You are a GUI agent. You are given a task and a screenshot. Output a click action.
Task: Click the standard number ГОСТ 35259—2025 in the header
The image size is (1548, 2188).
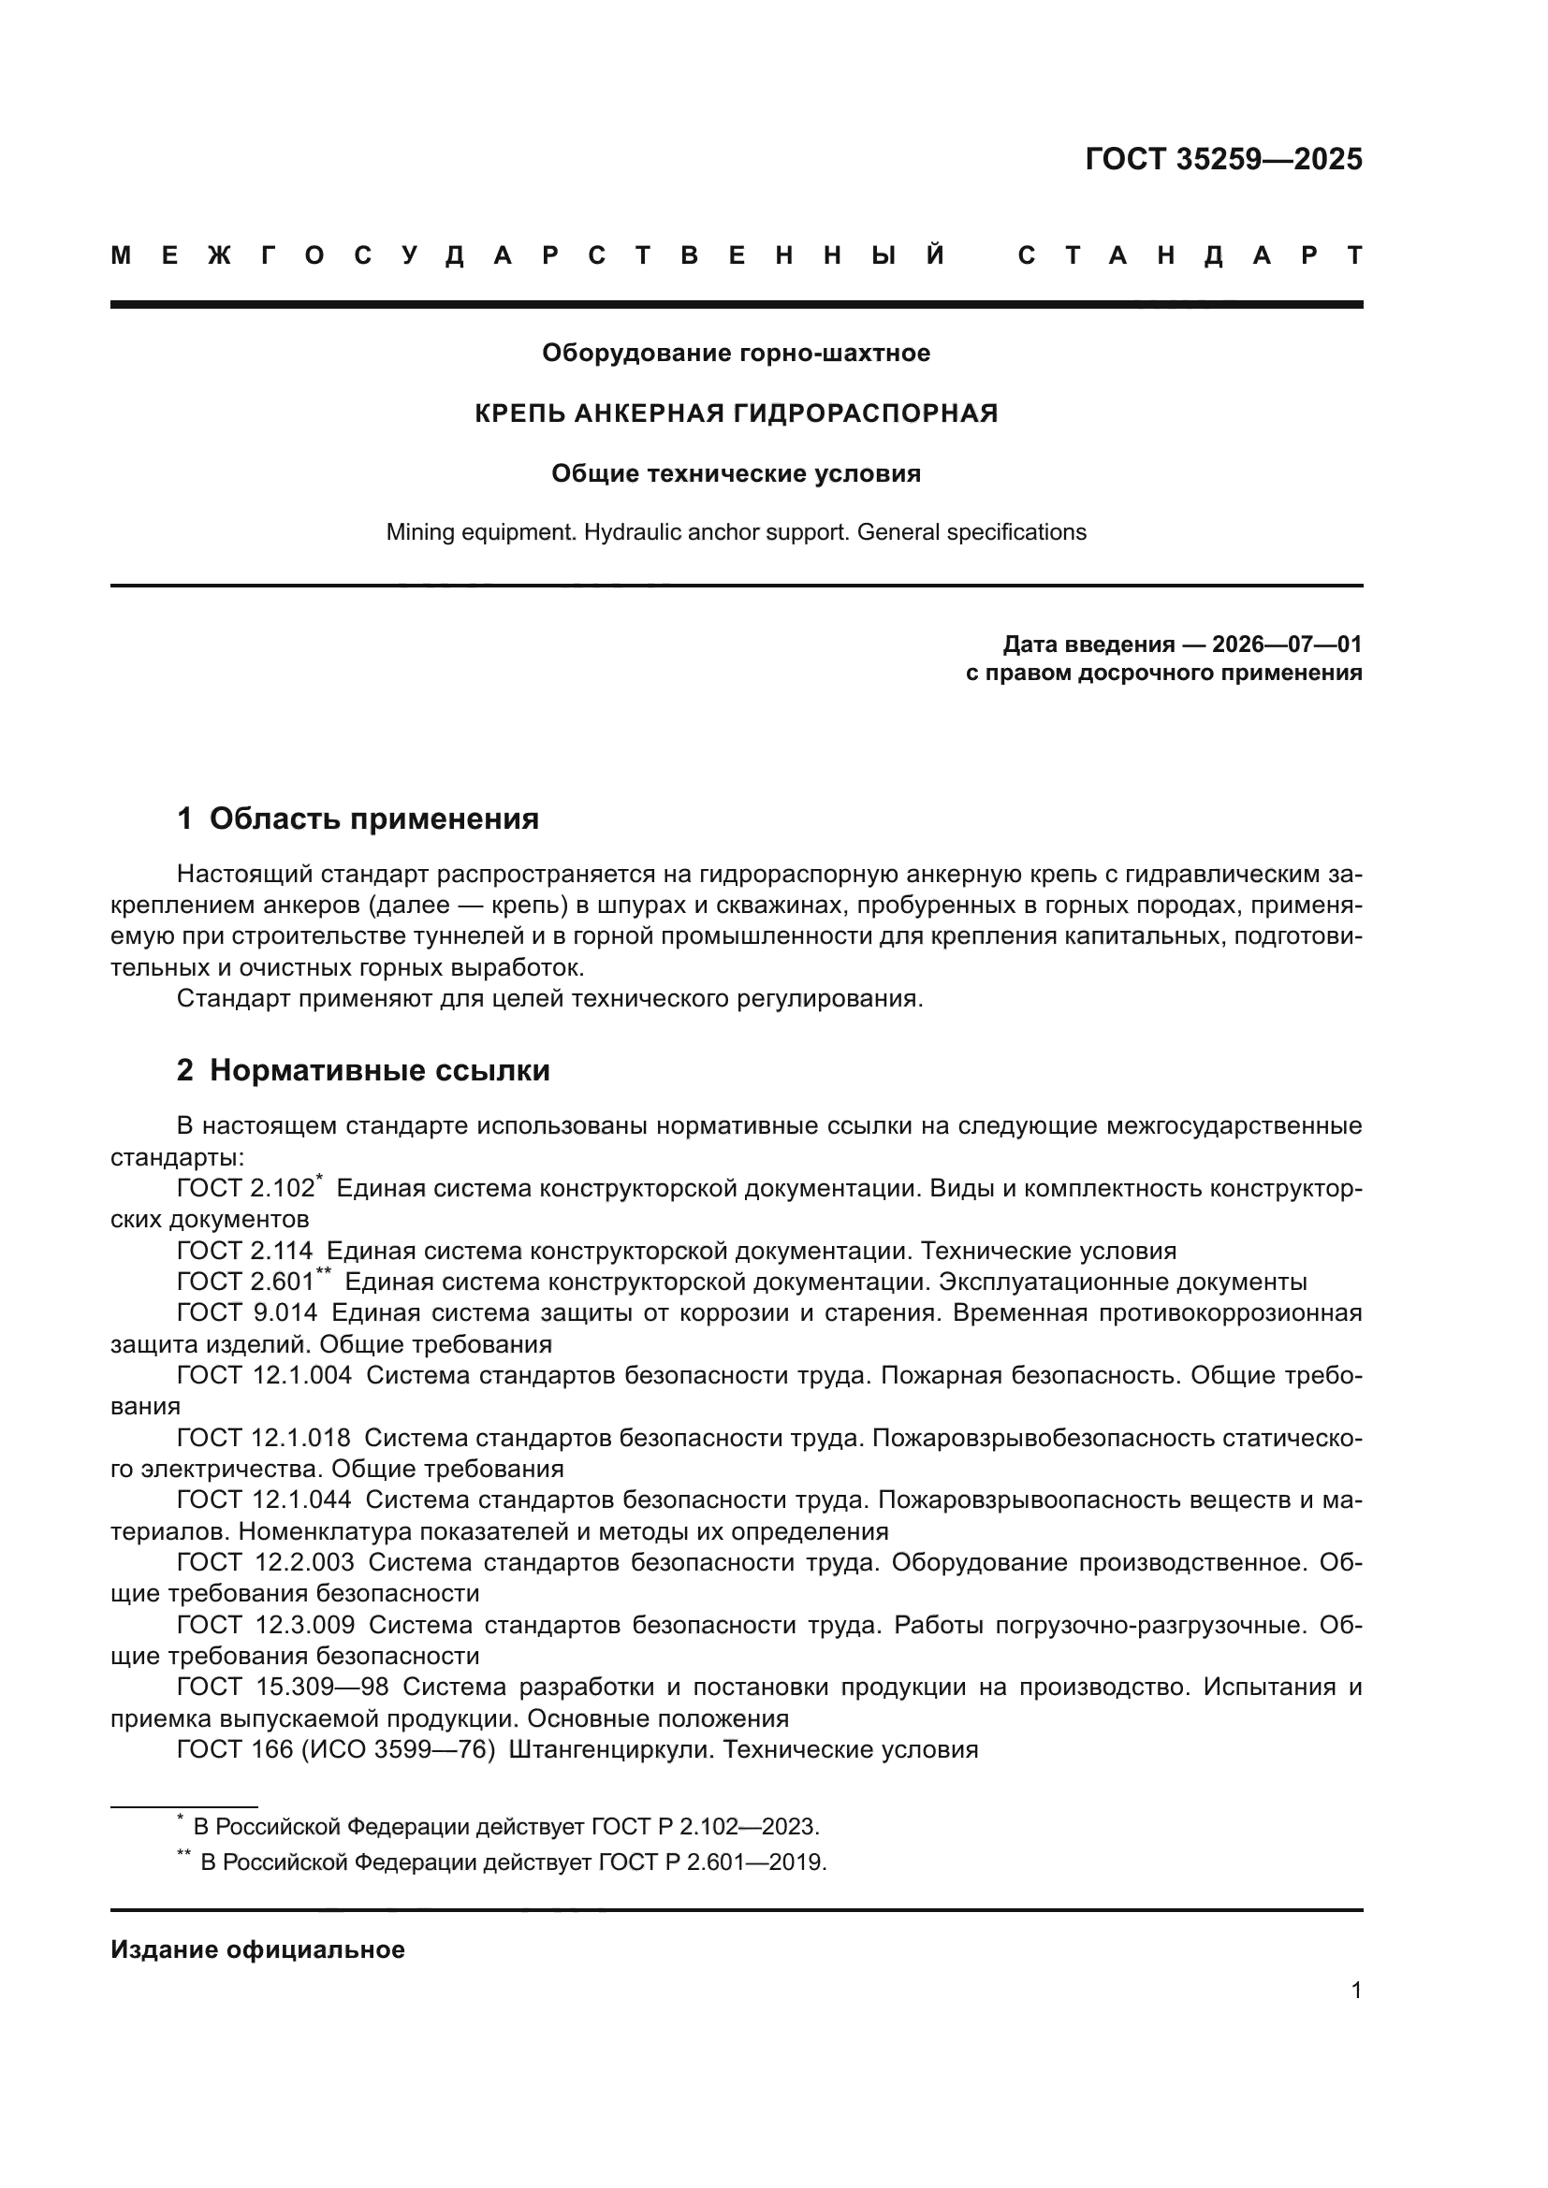(1223, 159)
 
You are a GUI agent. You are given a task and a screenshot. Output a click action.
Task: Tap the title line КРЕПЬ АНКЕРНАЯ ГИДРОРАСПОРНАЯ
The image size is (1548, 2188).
(736, 413)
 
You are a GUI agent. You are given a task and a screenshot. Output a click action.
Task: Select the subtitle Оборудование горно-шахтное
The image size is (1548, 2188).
(736, 354)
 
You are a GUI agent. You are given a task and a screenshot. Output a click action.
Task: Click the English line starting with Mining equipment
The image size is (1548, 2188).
(736, 532)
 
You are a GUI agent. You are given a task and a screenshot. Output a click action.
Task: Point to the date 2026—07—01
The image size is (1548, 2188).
(1287, 645)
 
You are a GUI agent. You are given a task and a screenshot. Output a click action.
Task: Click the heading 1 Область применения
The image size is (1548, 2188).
(358, 819)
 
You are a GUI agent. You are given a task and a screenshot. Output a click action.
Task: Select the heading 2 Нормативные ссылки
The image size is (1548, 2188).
(363, 1071)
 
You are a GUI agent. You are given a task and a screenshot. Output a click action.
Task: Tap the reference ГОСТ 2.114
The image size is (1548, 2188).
(244, 1252)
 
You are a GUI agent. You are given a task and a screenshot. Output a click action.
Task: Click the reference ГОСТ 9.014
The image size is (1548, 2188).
(247, 1313)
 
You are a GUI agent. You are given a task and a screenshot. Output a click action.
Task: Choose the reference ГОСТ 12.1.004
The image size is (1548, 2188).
(264, 1376)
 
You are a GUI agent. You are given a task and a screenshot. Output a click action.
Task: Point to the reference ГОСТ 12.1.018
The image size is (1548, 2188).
(264, 1438)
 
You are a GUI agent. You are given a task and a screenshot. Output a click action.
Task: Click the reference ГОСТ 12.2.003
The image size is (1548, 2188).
(265, 1563)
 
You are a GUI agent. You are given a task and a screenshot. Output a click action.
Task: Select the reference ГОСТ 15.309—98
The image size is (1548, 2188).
(282, 1688)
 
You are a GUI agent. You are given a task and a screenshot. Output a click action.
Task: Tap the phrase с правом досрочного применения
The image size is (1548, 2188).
(1163, 674)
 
